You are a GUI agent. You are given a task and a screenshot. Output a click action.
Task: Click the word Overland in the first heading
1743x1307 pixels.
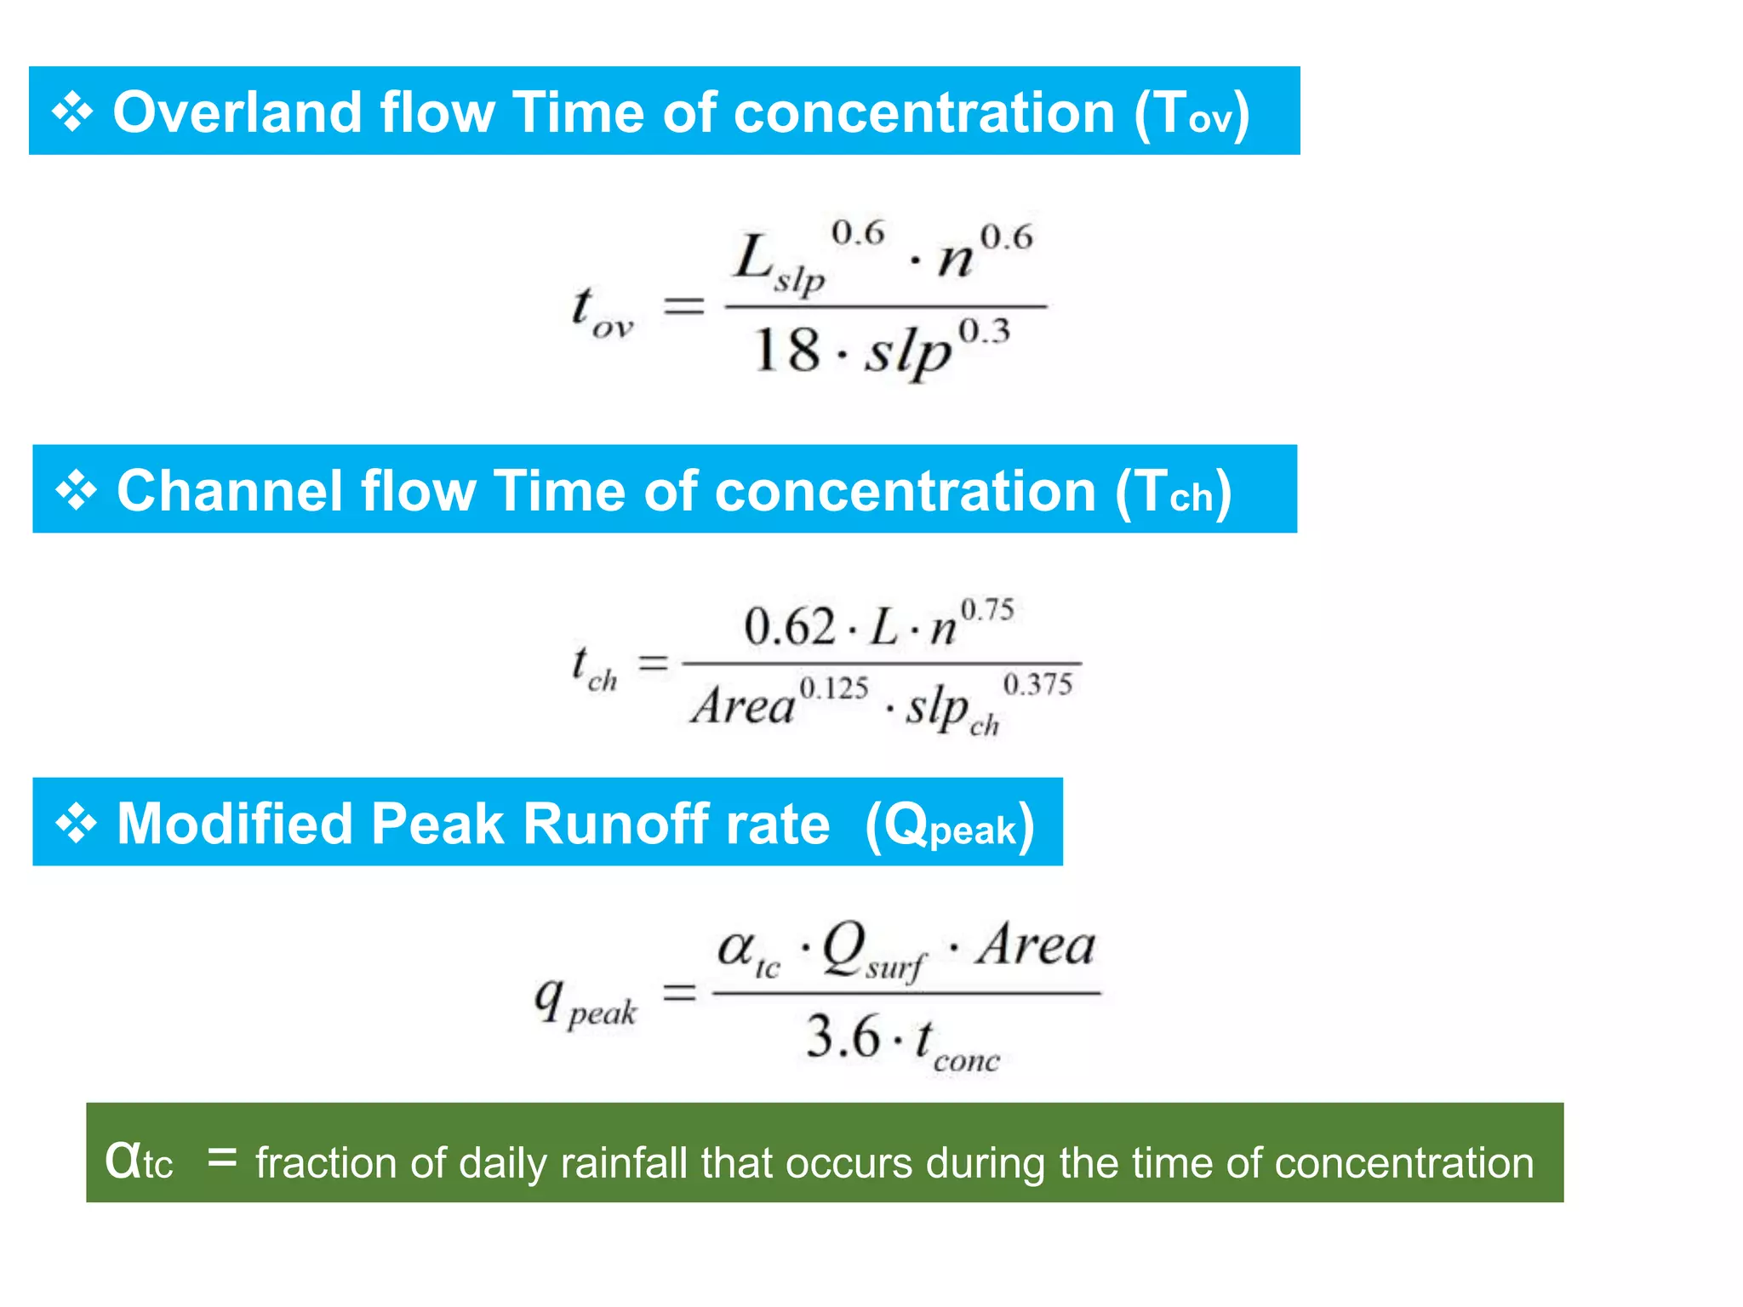(237, 112)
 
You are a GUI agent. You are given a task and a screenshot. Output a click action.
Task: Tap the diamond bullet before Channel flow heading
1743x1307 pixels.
(76, 491)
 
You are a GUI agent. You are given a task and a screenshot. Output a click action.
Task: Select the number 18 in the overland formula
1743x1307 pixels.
(786, 350)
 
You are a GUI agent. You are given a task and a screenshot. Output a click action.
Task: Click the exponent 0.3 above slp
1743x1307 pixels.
(984, 331)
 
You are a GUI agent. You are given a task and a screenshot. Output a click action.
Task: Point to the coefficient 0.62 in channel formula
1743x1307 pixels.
(789, 627)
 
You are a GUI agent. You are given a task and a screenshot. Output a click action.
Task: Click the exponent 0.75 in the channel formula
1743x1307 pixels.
(987, 610)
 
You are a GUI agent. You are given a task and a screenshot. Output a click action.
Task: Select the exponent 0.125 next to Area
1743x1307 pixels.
(834, 688)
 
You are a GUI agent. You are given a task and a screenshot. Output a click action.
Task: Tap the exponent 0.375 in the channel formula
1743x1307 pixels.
(1037, 684)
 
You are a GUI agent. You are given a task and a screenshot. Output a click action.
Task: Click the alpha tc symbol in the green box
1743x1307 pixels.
(138, 1161)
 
